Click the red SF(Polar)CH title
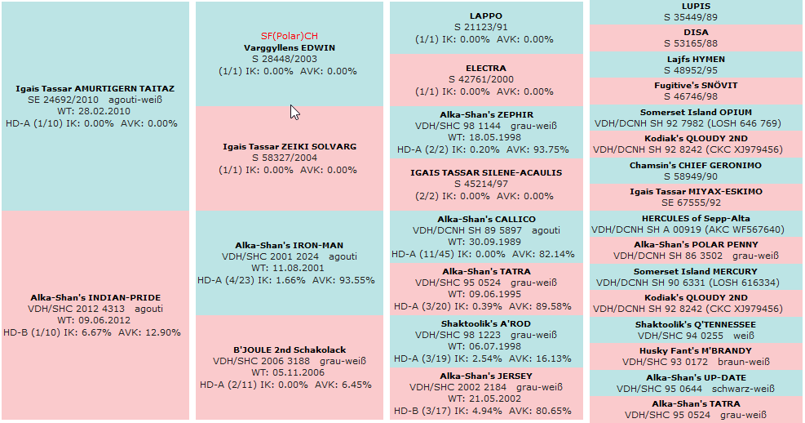[x=289, y=36]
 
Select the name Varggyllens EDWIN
[x=289, y=47]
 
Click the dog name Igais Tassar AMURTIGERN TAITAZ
[x=95, y=88]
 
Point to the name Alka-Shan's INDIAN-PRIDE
[x=95, y=297]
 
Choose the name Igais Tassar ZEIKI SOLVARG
[x=289, y=147]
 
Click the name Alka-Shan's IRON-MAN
[x=289, y=245]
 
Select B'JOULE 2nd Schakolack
[x=289, y=350]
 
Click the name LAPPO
[x=486, y=16]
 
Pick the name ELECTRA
[x=486, y=68]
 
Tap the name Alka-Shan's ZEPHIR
[x=486, y=115]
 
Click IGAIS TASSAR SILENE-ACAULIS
[x=486, y=172]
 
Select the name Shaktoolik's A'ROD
[x=486, y=323]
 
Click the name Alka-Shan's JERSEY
[x=486, y=376]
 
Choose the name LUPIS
[x=695, y=7]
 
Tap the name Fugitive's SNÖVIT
[x=695, y=85]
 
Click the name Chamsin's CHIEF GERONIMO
[x=695, y=165]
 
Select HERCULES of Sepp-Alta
[x=695, y=218]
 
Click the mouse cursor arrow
[x=294, y=112]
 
